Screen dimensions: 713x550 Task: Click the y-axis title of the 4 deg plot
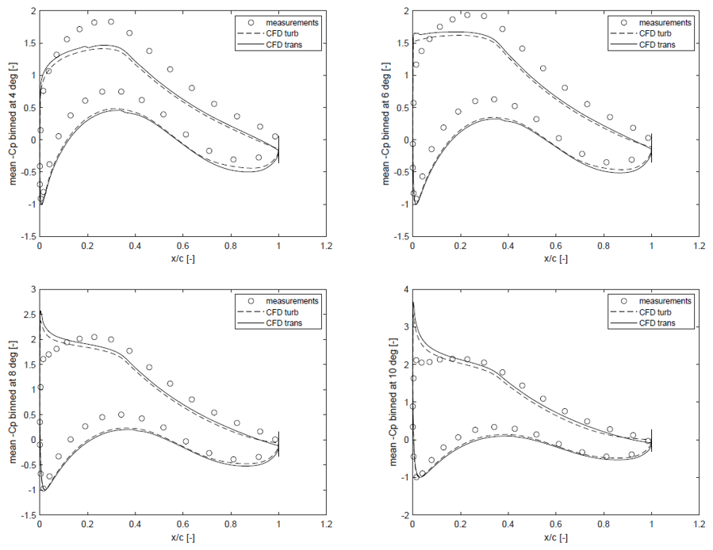click(x=13, y=123)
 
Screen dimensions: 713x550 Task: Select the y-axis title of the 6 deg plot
click(x=386, y=123)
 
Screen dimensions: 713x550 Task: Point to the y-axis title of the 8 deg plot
click(x=13, y=403)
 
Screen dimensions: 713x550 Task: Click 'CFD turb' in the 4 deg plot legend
click(x=282, y=33)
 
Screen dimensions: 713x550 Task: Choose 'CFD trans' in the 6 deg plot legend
click(x=657, y=44)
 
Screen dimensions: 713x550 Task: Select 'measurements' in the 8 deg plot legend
click(x=292, y=301)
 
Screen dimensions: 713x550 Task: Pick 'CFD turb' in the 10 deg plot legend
click(x=655, y=312)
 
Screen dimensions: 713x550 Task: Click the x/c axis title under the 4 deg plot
click(x=182, y=258)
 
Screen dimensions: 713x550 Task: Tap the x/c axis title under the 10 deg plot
click(x=556, y=538)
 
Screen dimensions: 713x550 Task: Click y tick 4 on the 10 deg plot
click(x=406, y=289)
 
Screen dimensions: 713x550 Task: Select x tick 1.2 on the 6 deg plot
click(x=700, y=246)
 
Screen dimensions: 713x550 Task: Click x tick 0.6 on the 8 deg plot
click(x=182, y=525)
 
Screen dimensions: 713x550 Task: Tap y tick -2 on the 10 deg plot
click(x=404, y=515)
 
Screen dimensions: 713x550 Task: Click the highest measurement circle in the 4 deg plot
click(x=111, y=22)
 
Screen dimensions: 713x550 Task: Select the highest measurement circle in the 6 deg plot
click(x=467, y=15)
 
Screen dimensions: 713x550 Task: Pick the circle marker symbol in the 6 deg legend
click(x=624, y=23)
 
